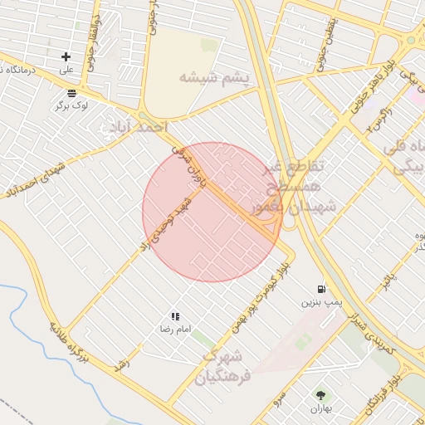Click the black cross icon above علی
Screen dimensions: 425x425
66,56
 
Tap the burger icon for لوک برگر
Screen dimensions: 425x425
71,93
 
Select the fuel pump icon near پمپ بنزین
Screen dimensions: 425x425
320,289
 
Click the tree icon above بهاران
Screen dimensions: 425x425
320,396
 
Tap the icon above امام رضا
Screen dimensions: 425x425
175,316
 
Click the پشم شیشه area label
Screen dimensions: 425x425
213,77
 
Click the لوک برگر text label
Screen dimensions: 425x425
71,105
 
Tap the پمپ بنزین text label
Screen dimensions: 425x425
321,303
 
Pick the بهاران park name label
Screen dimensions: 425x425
320,409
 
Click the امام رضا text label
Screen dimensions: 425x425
175,330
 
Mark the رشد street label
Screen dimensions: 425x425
122,365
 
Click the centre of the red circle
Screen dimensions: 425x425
212,212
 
